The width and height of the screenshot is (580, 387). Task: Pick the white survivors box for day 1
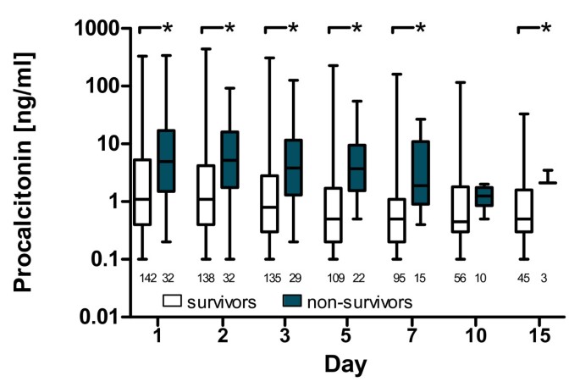click(142, 191)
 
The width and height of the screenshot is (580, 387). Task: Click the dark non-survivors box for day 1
click(166, 160)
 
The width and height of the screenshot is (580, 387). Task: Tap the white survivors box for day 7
click(395, 220)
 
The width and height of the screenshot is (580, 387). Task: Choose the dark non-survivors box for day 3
click(293, 168)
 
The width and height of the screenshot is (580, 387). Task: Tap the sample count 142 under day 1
click(142, 277)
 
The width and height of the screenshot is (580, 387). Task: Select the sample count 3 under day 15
click(548, 277)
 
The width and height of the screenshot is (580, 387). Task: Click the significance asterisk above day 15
click(546, 29)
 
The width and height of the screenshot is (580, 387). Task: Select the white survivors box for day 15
click(522, 210)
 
